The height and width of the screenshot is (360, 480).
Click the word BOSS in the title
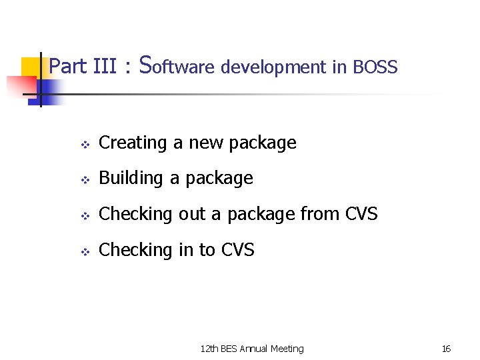pos(375,67)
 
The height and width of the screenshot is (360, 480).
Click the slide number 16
pos(446,349)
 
